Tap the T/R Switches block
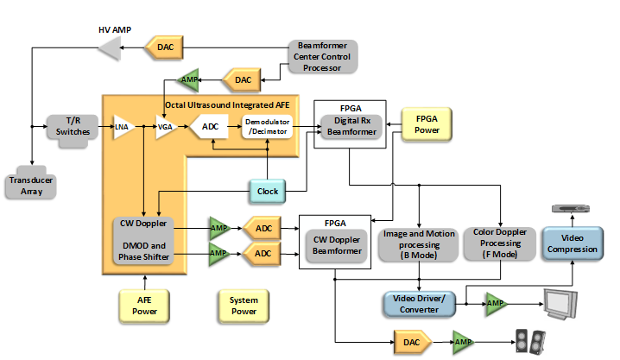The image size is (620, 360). (66, 128)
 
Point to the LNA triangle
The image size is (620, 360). (123, 129)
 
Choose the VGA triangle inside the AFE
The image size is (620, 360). (165, 129)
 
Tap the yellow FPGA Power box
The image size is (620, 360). (427, 123)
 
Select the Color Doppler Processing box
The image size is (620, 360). (496, 244)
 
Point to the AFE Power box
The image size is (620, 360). (145, 304)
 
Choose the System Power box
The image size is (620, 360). (244, 304)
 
